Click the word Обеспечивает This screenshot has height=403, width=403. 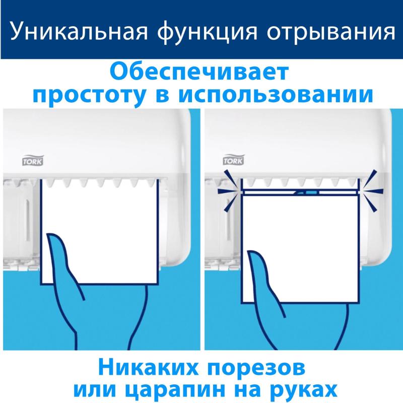(200, 71)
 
